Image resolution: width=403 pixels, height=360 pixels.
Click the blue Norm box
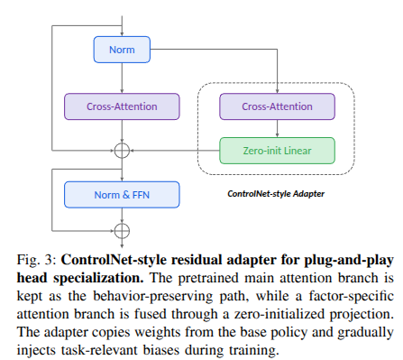(122, 50)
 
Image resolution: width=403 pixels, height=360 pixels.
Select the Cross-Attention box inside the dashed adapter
(277, 106)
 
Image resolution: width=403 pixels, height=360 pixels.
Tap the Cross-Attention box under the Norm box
(122, 106)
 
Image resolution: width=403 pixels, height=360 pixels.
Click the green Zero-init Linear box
(277, 151)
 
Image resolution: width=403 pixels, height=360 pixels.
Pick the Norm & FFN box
(122, 195)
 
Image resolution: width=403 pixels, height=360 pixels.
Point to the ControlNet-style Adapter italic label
(276, 194)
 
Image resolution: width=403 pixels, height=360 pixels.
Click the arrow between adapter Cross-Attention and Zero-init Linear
(277, 128)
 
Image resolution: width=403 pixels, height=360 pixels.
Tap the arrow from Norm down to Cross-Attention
(122, 78)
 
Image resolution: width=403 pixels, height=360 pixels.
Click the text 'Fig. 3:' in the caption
(36, 260)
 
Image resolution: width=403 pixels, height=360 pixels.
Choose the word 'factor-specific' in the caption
(351, 297)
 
